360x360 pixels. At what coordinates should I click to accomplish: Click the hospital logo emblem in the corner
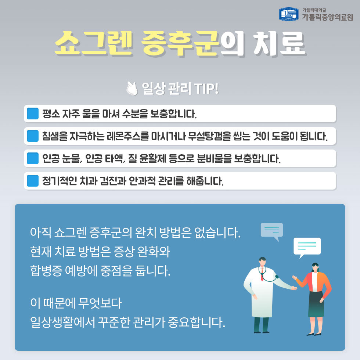(x=289, y=14)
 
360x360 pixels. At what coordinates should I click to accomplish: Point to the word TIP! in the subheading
(x=207, y=89)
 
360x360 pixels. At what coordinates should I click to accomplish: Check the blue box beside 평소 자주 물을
(x=33, y=114)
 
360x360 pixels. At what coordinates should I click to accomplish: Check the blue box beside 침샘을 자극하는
(x=33, y=136)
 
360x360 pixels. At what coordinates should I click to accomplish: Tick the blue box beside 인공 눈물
(x=33, y=158)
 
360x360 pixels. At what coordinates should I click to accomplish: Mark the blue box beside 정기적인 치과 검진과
(x=33, y=181)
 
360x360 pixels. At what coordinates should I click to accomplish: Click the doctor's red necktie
(x=262, y=275)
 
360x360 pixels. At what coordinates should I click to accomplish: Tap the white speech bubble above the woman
(x=307, y=246)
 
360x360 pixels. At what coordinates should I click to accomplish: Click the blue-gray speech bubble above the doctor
(x=271, y=230)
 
